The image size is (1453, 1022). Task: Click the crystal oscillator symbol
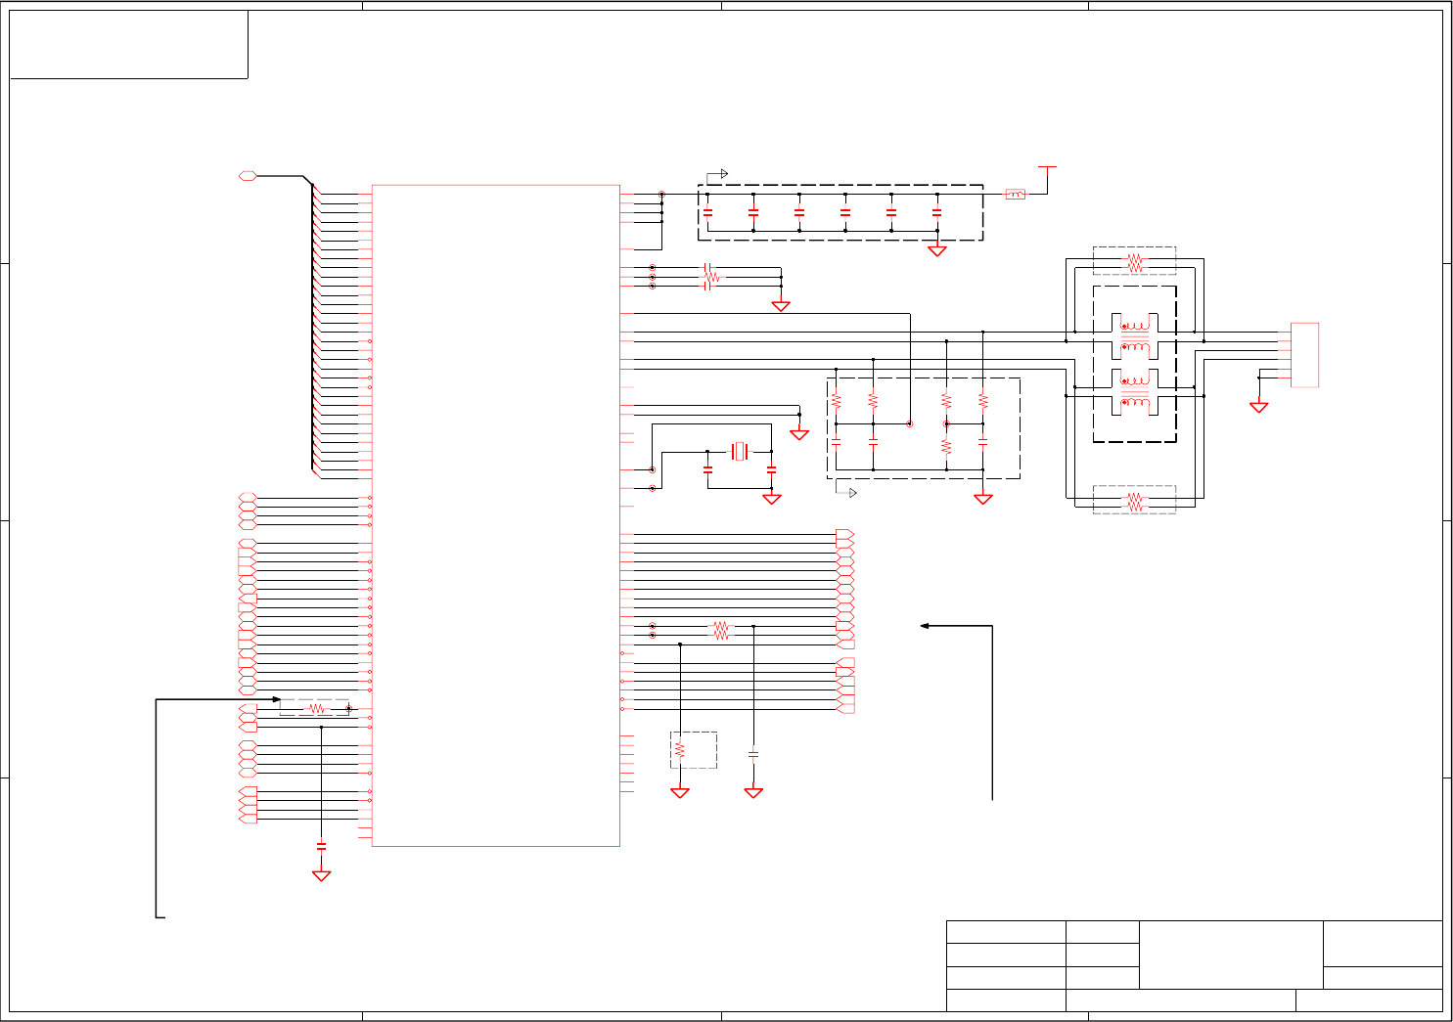(740, 451)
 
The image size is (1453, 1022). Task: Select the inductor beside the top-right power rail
(1016, 195)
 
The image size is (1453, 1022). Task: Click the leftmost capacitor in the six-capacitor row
(707, 212)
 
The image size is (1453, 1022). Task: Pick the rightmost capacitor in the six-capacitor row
(936, 212)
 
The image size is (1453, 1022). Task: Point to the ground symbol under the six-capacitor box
(936, 250)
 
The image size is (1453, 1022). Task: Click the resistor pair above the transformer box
(1134, 262)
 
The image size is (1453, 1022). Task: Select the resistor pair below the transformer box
(1134, 501)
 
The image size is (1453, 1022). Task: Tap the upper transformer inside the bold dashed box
(1135, 336)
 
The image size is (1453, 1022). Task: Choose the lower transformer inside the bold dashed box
(1135, 391)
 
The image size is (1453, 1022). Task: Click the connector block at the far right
(1304, 354)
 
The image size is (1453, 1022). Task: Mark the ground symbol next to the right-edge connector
(1259, 406)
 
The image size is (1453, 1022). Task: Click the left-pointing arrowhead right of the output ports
(925, 626)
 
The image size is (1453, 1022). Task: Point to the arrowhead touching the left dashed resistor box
(277, 699)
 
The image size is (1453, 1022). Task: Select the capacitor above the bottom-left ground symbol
(321, 845)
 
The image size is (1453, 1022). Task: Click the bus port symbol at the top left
(248, 176)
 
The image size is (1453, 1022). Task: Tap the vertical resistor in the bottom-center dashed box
(680, 750)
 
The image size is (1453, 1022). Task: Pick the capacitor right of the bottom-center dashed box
(753, 754)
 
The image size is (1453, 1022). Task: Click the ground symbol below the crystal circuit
(771, 499)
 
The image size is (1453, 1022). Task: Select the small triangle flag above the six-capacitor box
(724, 174)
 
